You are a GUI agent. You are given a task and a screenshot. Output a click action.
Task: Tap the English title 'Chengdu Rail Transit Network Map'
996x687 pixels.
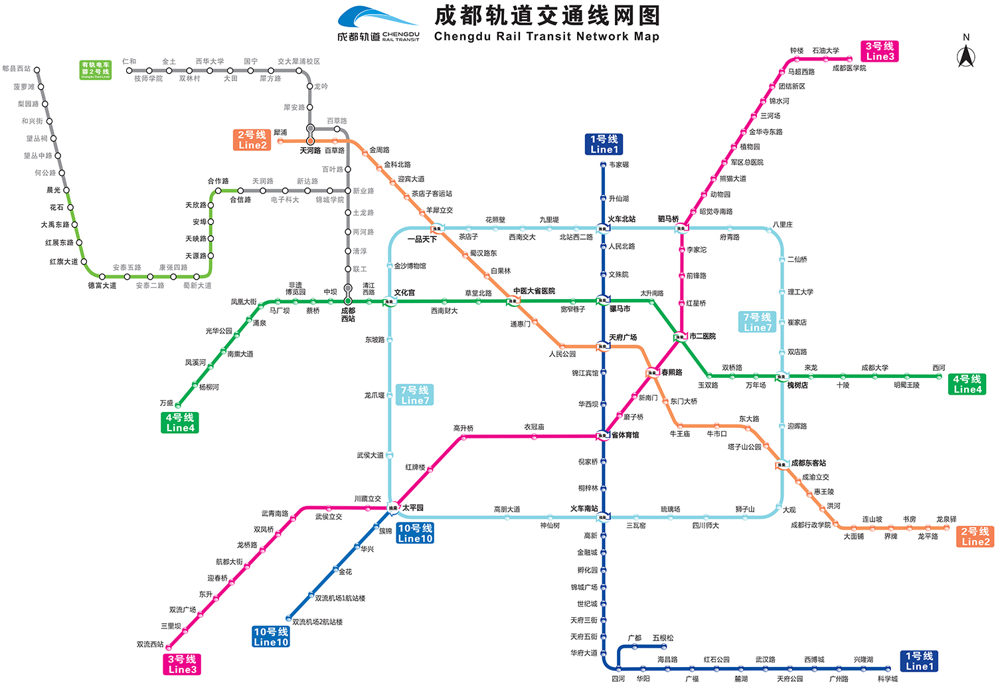(546, 37)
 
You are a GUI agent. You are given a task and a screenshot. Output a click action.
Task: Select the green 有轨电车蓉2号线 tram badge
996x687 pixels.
(96, 70)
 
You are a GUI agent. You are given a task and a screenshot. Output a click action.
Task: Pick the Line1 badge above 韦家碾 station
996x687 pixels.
(604, 144)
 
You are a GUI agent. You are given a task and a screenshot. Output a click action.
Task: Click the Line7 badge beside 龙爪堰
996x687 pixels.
(415, 395)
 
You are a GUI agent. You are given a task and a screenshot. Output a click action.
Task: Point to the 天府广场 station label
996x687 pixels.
(623, 338)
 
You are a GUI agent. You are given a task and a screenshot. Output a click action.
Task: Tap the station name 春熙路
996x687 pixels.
(671, 373)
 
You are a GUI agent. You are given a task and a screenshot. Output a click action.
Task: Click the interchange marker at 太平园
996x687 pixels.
(393, 508)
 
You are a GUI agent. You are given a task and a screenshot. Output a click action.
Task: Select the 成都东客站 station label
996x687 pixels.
(808, 463)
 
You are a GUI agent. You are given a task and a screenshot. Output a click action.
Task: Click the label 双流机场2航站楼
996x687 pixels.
(317, 622)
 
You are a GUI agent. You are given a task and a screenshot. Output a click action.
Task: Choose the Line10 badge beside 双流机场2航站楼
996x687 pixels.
(271, 637)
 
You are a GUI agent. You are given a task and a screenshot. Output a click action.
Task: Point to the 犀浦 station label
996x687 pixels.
(280, 133)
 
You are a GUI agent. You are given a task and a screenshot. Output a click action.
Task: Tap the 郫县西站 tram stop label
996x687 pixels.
(17, 68)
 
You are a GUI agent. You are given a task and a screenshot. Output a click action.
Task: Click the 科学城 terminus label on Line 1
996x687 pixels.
(887, 679)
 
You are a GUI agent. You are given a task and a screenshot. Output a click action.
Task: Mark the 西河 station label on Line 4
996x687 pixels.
(938, 367)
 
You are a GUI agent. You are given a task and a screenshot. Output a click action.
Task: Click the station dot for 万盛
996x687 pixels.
(178, 405)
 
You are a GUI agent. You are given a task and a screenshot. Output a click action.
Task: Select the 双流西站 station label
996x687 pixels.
(150, 644)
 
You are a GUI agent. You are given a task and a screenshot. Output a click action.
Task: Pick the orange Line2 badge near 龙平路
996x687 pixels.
(975, 536)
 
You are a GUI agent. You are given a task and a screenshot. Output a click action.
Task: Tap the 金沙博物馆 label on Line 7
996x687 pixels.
(410, 266)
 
